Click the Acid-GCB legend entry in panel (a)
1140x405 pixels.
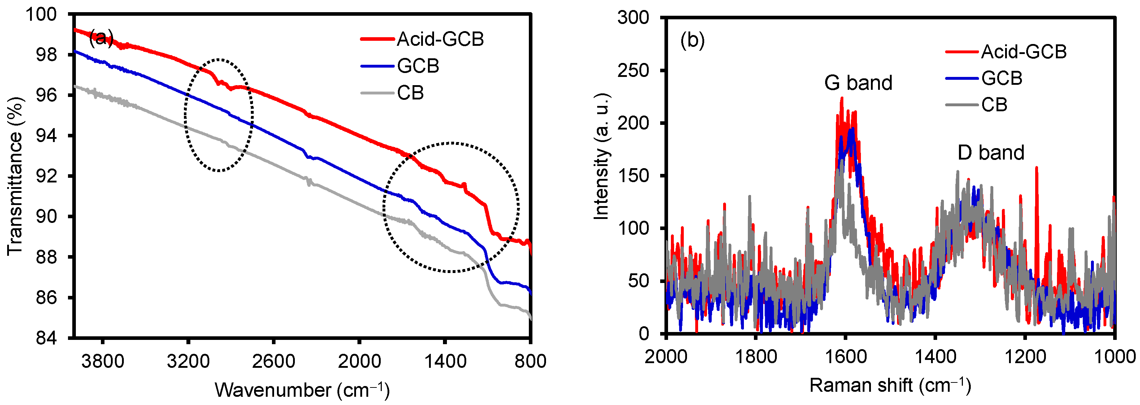pos(440,39)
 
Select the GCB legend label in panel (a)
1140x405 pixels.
pos(418,66)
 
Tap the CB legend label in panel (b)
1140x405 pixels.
pos(994,105)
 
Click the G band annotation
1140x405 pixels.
pos(858,83)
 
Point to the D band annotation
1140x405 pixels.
pos(990,153)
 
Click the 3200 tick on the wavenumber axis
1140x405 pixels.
pos(188,361)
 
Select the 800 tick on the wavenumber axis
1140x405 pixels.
pos(530,361)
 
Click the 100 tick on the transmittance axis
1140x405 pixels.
pos(41,15)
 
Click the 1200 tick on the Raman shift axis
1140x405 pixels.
pos(1024,356)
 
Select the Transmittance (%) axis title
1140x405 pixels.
pos(15,176)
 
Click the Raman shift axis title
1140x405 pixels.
pos(890,385)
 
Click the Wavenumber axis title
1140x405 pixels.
pos(302,390)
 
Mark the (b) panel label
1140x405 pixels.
pos(692,40)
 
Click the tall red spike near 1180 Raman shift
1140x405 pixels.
pos(1036,168)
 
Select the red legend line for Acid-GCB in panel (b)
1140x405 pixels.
pos(961,52)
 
